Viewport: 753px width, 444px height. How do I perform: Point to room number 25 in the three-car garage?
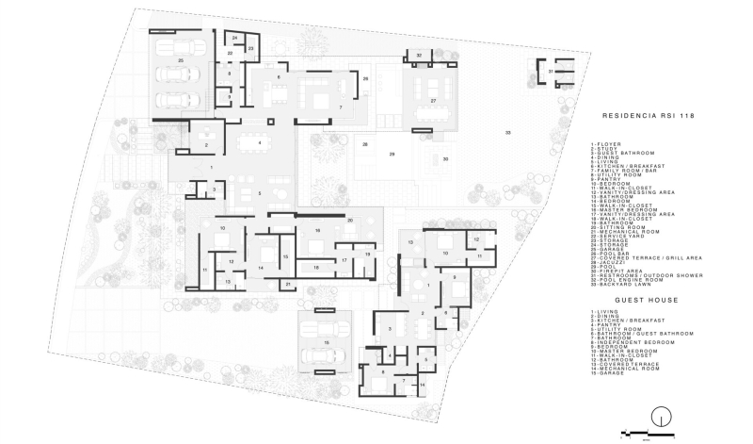(x=180, y=60)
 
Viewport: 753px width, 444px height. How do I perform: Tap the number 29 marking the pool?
(x=392, y=154)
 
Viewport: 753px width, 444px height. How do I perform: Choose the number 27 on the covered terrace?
(x=433, y=99)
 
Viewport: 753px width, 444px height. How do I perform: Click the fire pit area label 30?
(x=446, y=159)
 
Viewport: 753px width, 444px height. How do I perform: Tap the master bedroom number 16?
(x=317, y=230)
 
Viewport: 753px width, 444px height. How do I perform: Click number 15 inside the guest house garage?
(x=326, y=342)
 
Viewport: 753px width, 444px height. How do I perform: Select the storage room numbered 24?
(x=234, y=38)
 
